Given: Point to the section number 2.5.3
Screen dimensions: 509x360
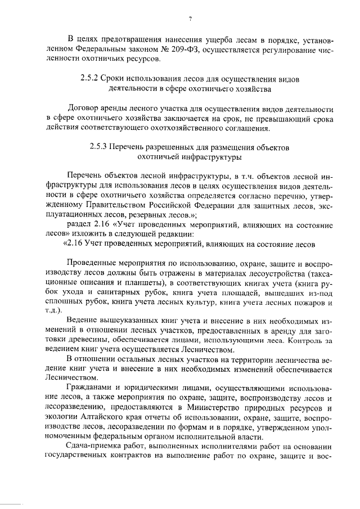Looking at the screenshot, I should (100, 148).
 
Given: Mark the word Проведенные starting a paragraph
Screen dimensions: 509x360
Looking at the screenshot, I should (92, 264).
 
